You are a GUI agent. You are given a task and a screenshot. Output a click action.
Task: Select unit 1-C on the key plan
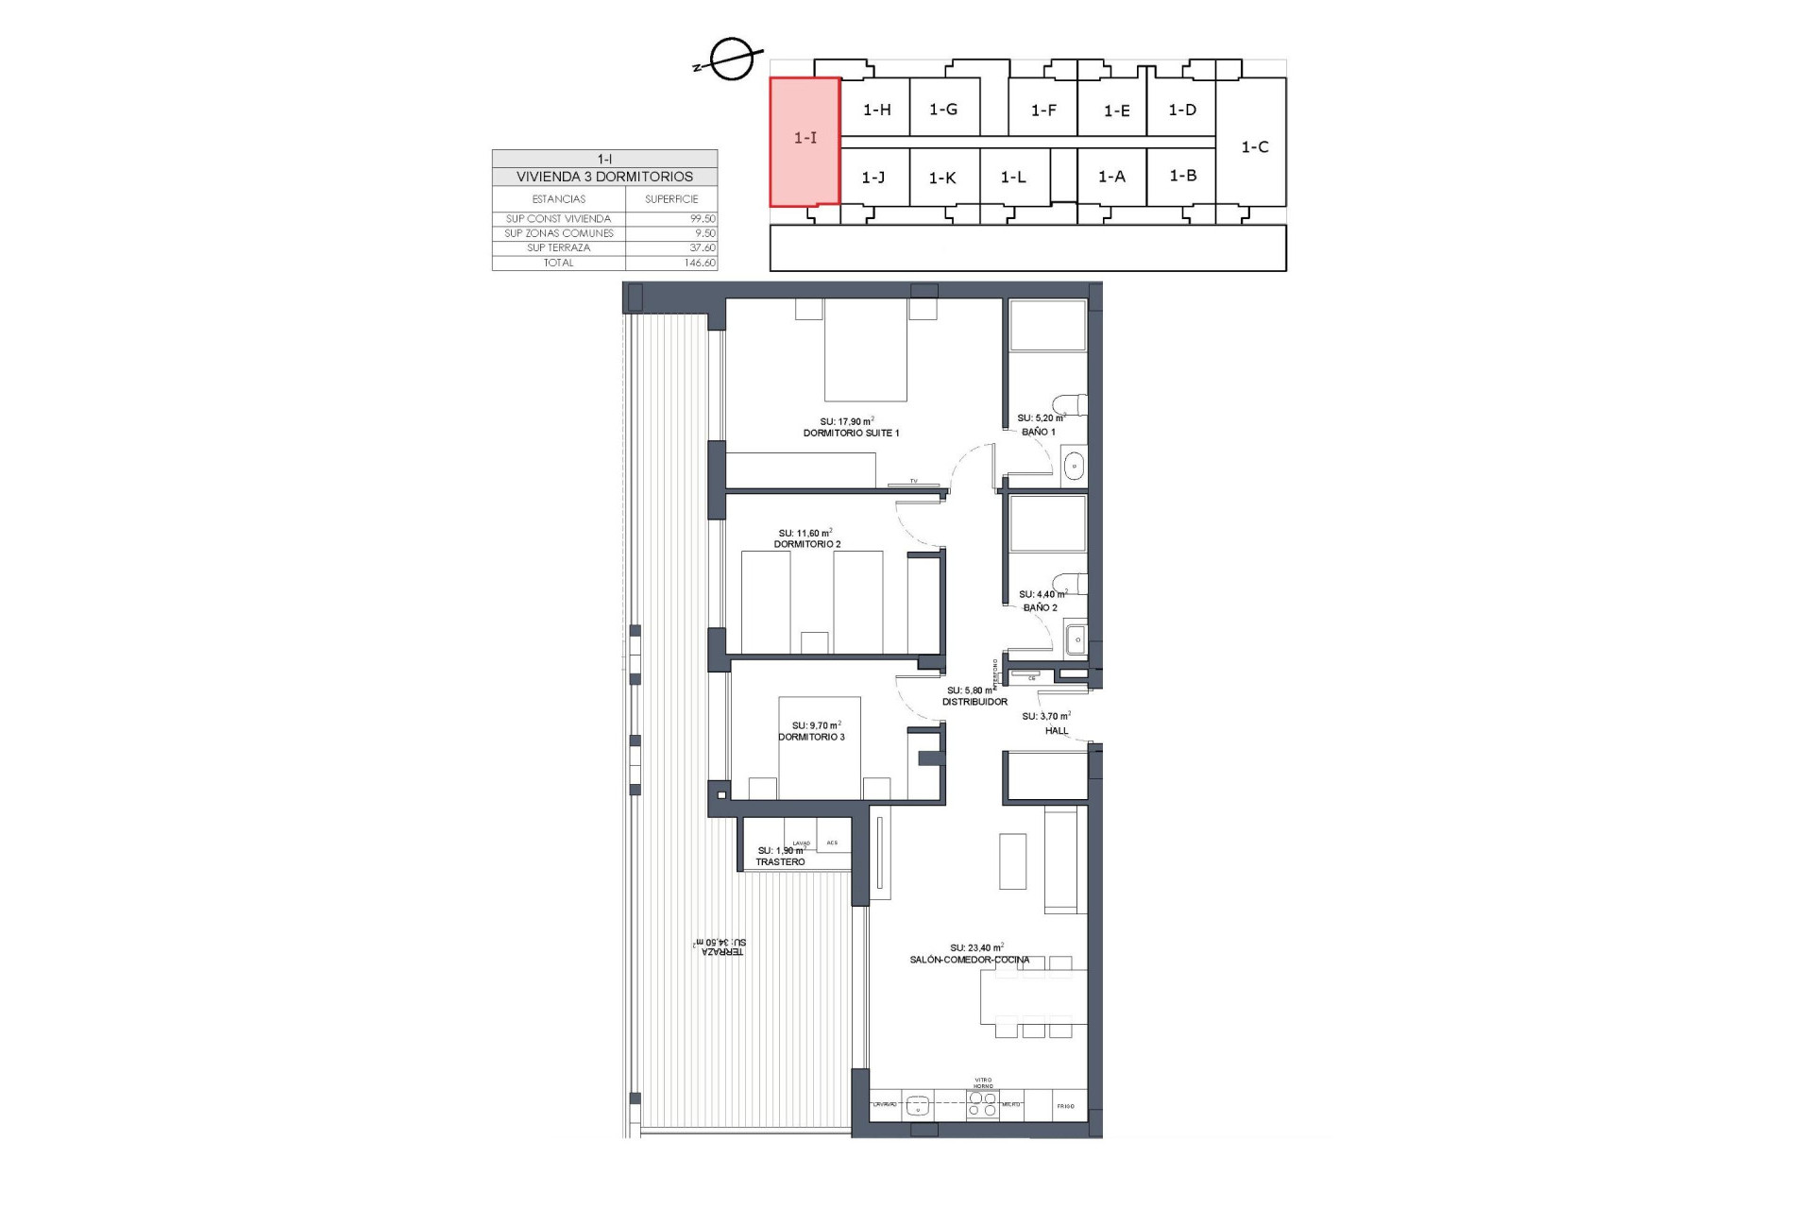coord(1254,147)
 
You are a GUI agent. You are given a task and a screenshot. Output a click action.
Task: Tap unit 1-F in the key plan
coord(1042,111)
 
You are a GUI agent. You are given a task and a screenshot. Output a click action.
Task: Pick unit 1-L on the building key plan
coord(1013,178)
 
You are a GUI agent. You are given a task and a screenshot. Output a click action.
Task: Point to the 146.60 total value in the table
coord(700,263)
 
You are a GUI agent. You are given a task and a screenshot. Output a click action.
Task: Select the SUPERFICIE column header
coord(671,199)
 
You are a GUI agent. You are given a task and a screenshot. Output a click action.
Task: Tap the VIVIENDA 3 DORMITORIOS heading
coord(604,177)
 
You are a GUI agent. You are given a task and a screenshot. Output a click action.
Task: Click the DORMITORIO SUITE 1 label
coord(851,434)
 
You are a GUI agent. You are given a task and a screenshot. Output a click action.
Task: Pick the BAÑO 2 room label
coord(1041,607)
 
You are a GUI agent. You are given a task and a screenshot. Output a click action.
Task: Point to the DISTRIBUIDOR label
coord(975,702)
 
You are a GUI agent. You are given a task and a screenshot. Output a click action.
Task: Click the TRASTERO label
coord(780,862)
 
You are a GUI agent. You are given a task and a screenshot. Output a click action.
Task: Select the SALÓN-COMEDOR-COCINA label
coord(970,960)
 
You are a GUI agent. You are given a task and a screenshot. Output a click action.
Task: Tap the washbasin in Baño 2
coord(1076,640)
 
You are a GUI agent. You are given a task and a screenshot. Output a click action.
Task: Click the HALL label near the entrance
coord(1057,730)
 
